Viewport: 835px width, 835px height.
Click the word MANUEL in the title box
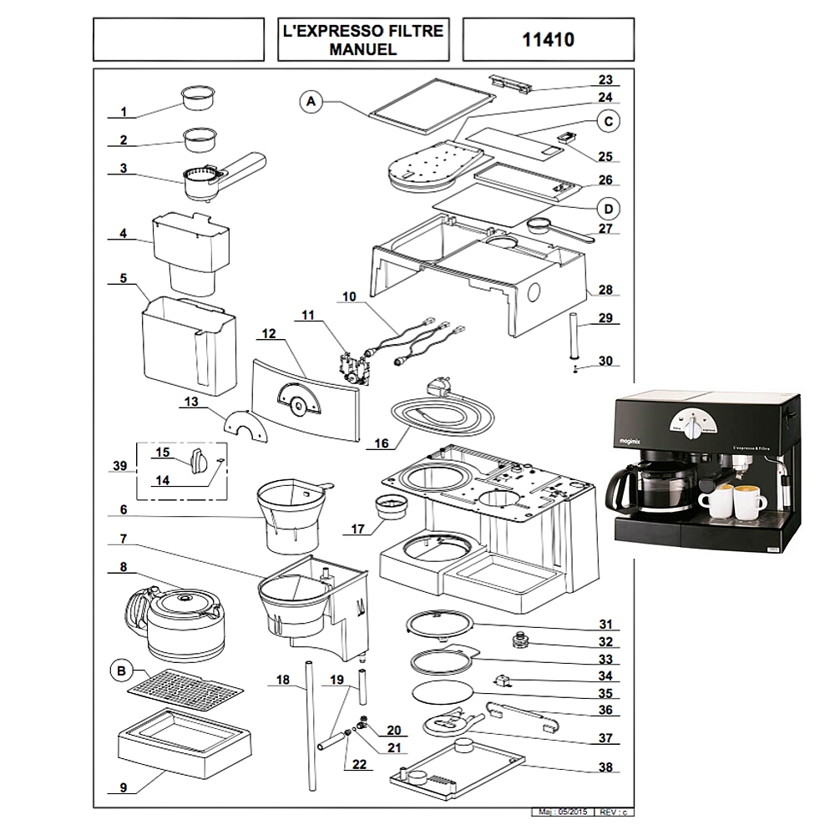362,49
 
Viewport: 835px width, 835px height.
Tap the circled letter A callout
311,102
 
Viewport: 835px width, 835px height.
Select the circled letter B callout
123,670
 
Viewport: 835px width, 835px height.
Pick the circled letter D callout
609,208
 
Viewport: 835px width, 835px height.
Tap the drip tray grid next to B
185,688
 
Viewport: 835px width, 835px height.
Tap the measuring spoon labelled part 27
558,227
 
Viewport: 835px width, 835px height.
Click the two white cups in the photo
732,501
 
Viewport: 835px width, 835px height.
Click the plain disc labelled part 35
442,692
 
